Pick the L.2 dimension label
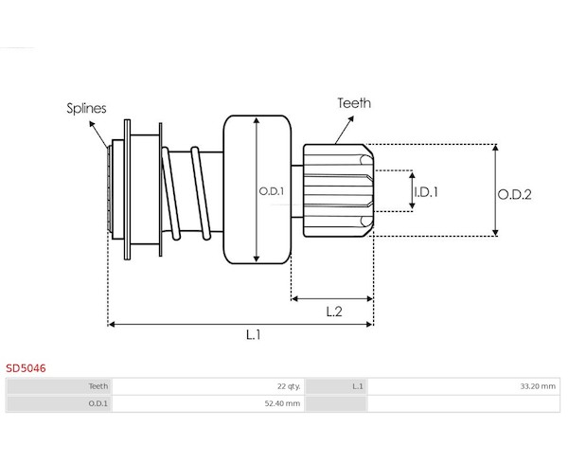pyautogui.click(x=333, y=311)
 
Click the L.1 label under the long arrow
pyautogui.click(x=254, y=335)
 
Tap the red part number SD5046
pyautogui.click(x=26, y=367)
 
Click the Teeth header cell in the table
pyautogui.click(x=98, y=385)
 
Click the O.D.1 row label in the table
pyautogui.click(x=98, y=403)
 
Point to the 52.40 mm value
pyautogui.click(x=282, y=403)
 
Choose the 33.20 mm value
pyautogui.click(x=537, y=385)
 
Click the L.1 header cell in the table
pyautogui.click(x=357, y=385)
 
